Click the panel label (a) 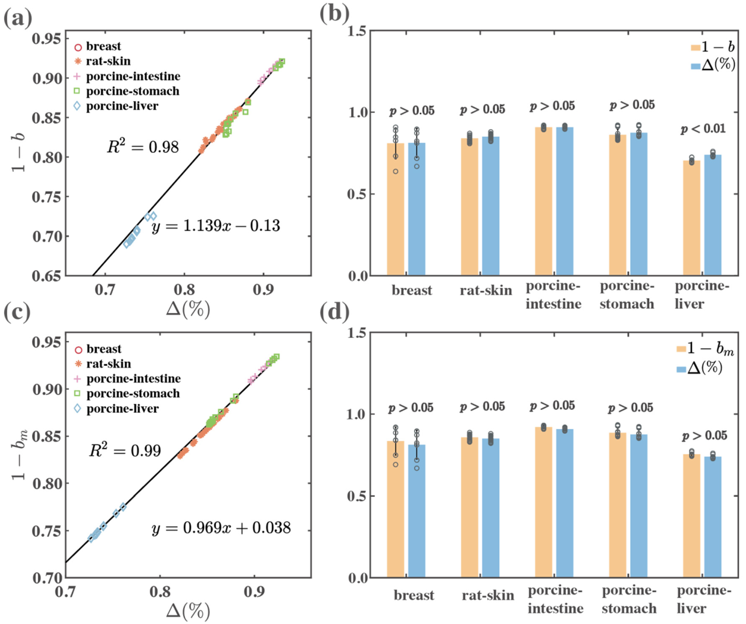tap(18, 18)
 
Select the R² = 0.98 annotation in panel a tap(143, 146)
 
